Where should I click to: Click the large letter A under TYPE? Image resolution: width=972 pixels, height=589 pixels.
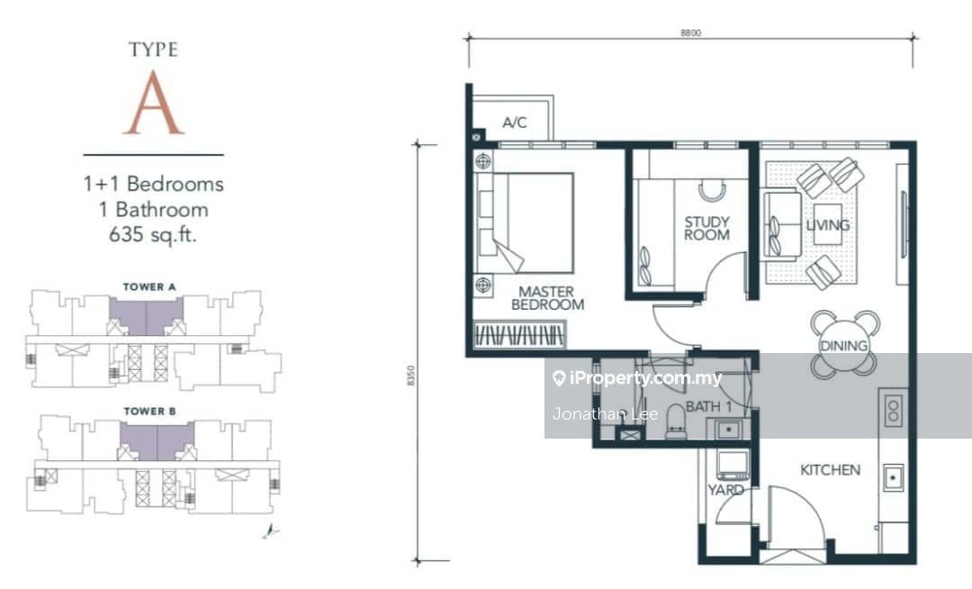pos(154,103)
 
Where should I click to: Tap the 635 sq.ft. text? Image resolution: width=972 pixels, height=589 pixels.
pos(152,234)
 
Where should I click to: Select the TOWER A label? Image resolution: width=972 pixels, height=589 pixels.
pos(149,287)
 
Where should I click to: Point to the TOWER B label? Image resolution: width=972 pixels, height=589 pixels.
pos(149,411)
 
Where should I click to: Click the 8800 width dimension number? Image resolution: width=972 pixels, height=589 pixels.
pos(690,32)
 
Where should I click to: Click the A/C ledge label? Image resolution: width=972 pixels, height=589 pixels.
pos(515,122)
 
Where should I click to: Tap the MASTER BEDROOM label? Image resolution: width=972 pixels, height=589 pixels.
pos(547,297)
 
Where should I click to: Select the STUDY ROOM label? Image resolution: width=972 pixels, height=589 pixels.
pos(706,228)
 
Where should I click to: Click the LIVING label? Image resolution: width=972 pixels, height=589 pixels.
pos(828,224)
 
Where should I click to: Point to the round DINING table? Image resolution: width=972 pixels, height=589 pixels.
pos(843,345)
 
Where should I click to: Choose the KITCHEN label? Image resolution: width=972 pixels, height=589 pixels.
pos(830,470)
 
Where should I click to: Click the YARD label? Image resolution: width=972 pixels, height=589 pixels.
pos(726,490)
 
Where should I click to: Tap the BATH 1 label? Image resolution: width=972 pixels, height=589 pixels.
pos(708,407)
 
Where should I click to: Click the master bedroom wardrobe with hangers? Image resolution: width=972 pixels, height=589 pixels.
pos(519,335)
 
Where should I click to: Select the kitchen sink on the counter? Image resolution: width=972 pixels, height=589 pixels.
pos(893,477)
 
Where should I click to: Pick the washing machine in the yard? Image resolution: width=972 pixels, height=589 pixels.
pos(732,465)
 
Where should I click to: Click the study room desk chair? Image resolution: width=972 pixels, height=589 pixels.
pos(712,190)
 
